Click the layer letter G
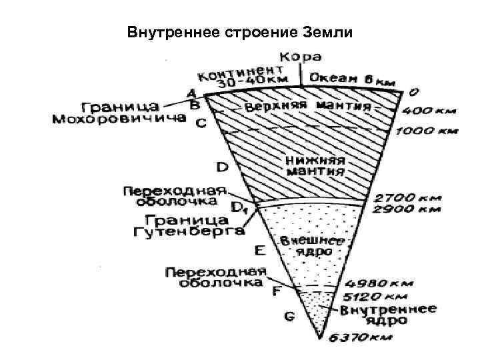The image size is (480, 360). tap(289, 317)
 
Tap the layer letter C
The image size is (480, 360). tap(199, 123)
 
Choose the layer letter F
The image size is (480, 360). tap(275, 291)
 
